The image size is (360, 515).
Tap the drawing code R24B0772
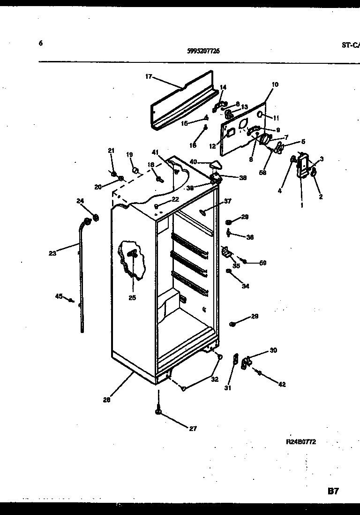(301, 441)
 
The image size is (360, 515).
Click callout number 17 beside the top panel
(149, 76)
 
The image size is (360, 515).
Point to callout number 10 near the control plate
(275, 84)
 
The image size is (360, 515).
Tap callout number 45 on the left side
(59, 296)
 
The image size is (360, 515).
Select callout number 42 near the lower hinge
(281, 385)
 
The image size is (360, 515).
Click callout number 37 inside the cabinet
(227, 201)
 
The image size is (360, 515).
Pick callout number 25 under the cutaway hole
(132, 297)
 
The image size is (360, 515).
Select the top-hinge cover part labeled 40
(216, 164)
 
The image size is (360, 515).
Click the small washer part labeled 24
(96, 217)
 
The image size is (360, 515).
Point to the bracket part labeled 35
(227, 253)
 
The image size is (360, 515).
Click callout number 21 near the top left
(111, 151)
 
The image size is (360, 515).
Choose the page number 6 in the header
(41, 43)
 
